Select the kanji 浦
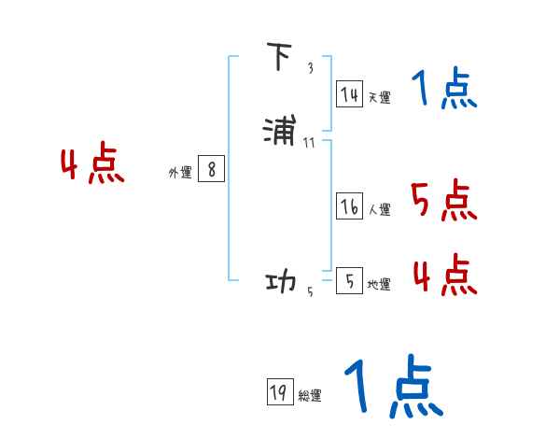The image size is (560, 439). click(280, 132)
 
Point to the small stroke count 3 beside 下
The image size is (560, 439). click(310, 68)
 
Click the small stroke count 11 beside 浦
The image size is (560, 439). click(310, 143)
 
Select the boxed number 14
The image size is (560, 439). click(349, 94)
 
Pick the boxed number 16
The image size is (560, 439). click(349, 206)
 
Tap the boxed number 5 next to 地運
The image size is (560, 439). click(349, 280)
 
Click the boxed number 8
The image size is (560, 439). click(212, 170)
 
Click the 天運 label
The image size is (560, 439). click(379, 97)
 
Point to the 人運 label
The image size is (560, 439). click(379, 209)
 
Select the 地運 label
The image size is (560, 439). click(379, 284)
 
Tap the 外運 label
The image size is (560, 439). click(180, 173)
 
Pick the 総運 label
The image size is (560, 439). click(310, 396)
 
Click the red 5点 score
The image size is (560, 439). click(443, 201)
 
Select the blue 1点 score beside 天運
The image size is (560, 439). click(443, 90)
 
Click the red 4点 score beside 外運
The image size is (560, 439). click(92, 165)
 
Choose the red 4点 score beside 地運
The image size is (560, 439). click(443, 275)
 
